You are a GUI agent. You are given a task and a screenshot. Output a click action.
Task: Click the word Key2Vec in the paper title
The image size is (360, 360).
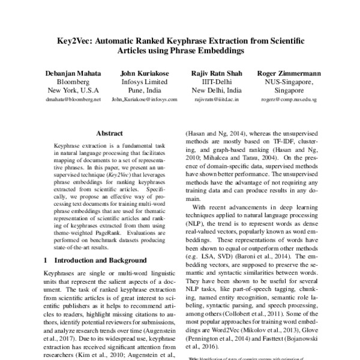[x=73, y=40]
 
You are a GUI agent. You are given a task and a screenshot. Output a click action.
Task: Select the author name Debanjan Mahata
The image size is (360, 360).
[x=73, y=73]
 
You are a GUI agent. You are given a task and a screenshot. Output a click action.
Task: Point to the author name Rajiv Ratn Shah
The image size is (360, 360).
[x=217, y=73]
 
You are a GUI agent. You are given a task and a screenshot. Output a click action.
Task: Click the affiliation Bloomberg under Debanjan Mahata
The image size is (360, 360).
[x=73, y=82]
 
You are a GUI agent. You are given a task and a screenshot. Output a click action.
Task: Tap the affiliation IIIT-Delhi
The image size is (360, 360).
[x=217, y=82]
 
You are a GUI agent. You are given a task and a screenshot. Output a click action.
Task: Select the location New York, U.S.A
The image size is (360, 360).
[x=73, y=91]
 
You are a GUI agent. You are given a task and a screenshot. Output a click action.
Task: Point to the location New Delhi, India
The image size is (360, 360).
[x=217, y=91]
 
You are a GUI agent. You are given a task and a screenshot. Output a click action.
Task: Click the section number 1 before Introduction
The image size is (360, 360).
[x=46, y=261]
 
